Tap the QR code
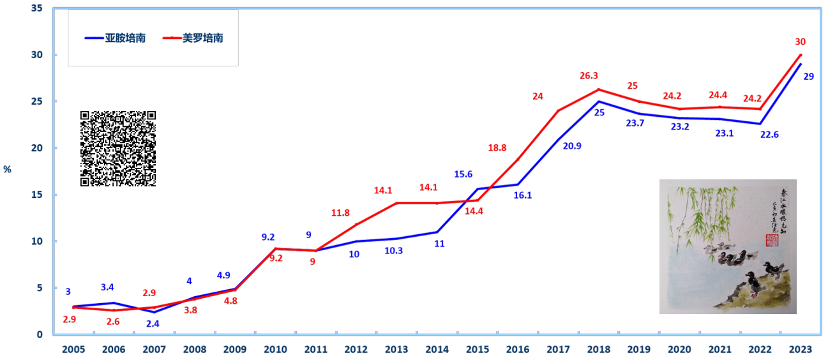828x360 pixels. point(118,148)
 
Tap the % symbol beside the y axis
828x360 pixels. point(7,169)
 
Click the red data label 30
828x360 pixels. point(800,42)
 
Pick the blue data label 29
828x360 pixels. point(808,77)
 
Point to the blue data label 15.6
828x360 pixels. point(463,174)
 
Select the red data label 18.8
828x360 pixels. point(497,147)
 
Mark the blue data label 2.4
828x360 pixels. point(153,324)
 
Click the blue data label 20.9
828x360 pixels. point(572,146)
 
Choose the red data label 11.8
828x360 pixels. point(340,213)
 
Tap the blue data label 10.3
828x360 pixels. point(393,251)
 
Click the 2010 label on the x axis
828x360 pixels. point(275,350)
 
